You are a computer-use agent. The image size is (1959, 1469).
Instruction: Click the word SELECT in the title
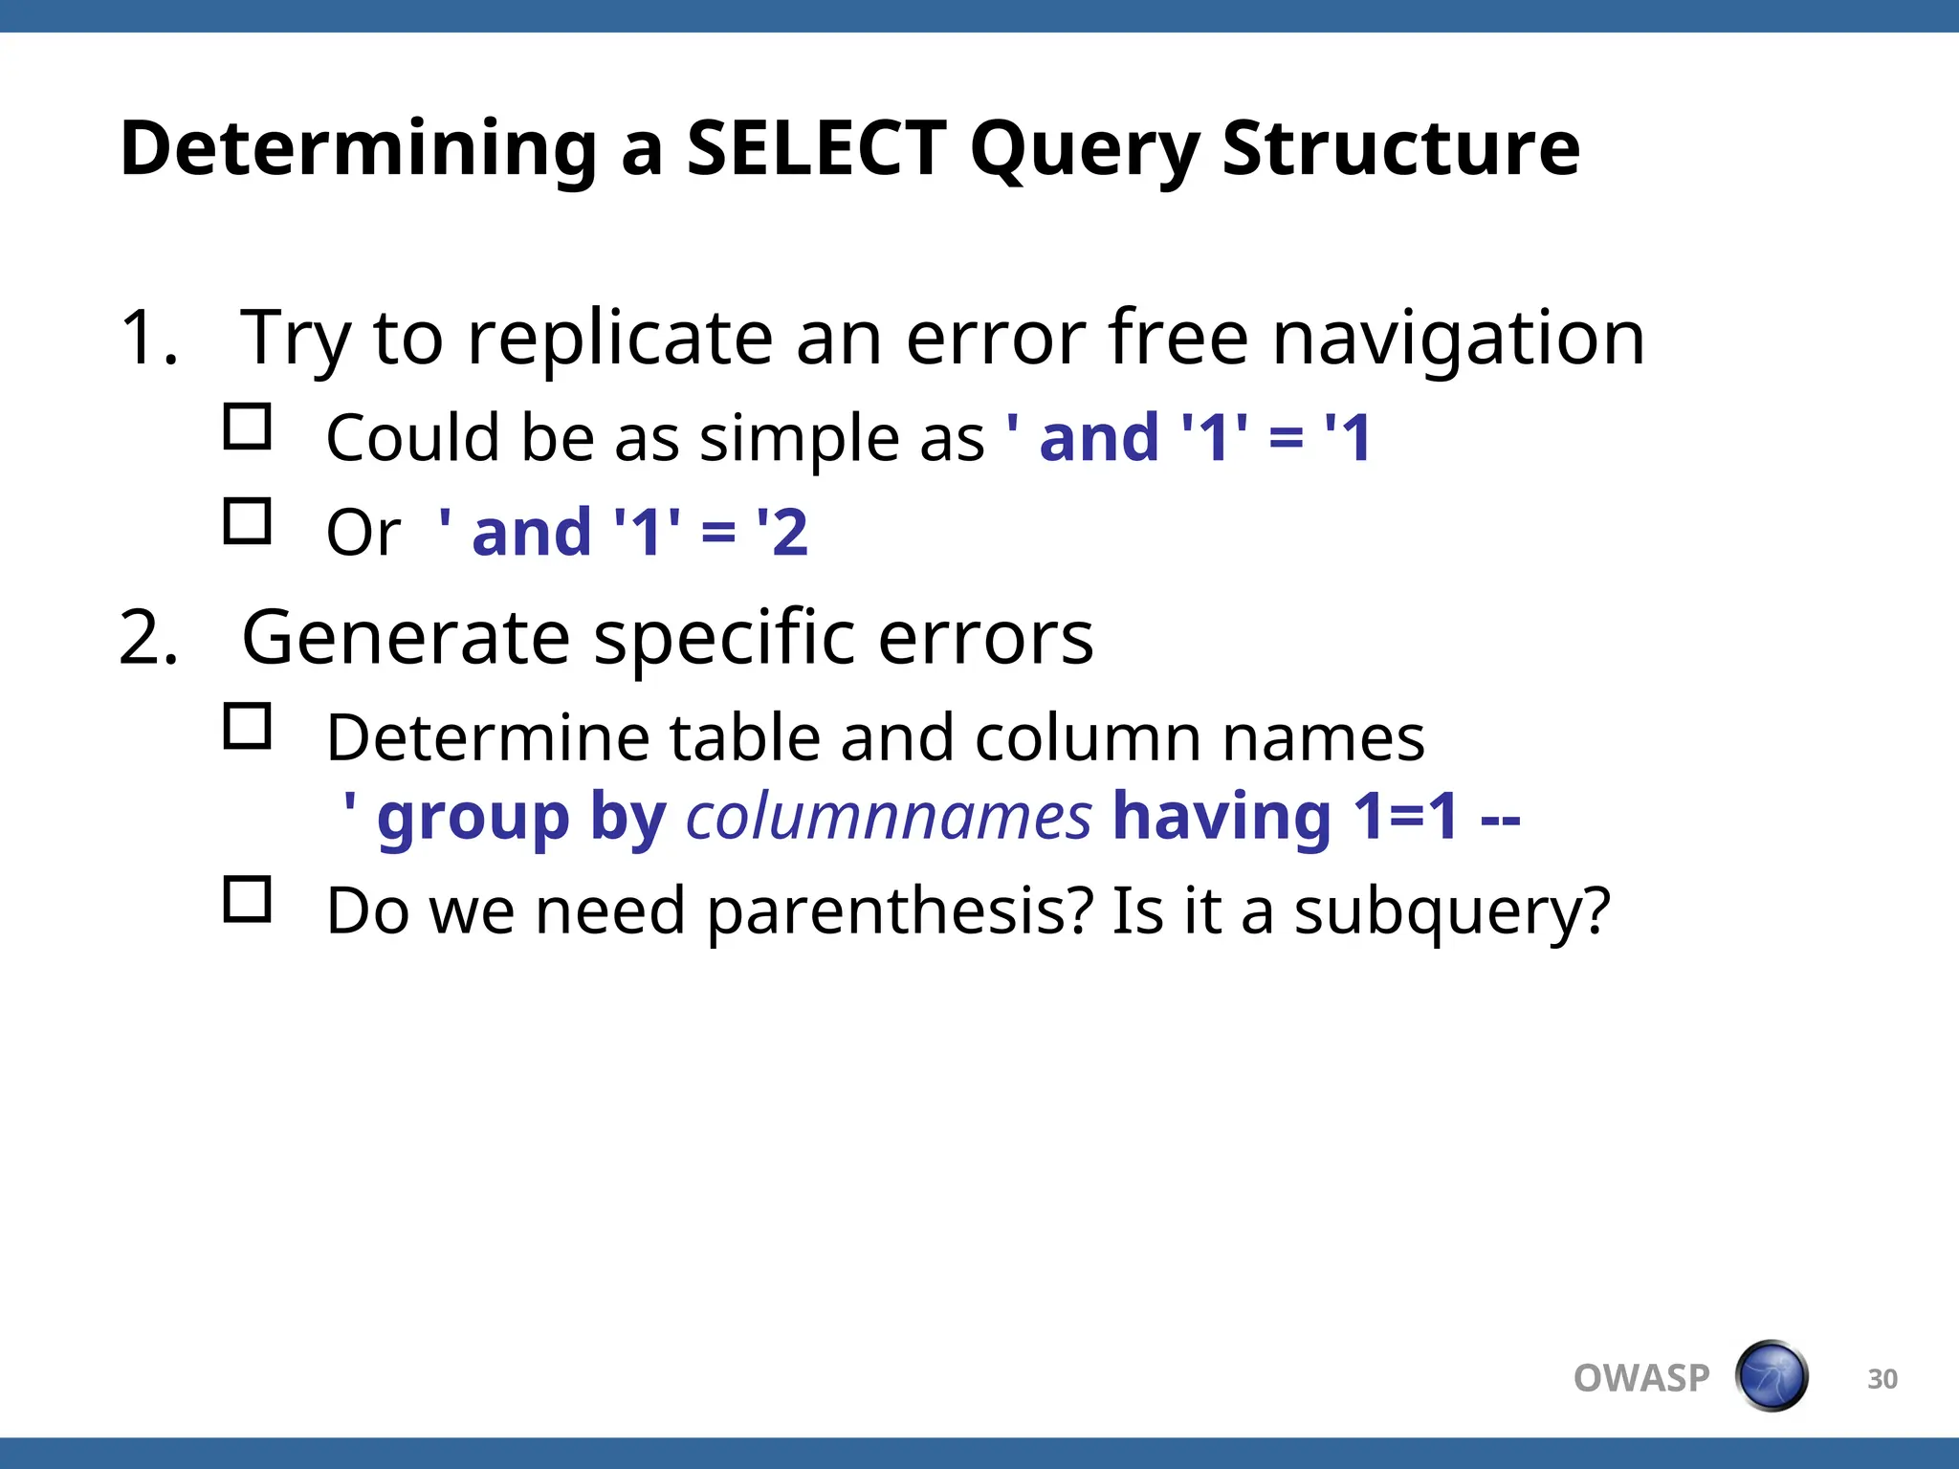[816, 149]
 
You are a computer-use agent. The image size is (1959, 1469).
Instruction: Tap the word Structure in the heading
[1400, 149]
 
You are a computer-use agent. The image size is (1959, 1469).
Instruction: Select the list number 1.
[148, 339]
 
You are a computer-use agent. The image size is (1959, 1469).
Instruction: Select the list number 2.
[148, 639]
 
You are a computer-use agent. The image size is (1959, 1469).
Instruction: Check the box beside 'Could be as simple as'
[248, 427]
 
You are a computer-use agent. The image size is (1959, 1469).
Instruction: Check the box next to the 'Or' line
[248, 521]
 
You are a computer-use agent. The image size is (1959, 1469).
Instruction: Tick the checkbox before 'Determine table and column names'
[248, 727]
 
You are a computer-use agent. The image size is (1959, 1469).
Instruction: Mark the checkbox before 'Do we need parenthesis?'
[248, 899]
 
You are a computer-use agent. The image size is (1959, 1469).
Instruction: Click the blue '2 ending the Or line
[782, 533]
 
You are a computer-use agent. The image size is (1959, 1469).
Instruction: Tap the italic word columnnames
[889, 817]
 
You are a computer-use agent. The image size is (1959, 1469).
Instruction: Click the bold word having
[1222, 817]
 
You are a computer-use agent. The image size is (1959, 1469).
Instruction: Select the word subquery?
[1452, 912]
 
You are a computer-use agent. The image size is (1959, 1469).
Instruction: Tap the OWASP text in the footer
[1641, 1378]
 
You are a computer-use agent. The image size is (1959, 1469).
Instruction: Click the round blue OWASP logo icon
[1772, 1376]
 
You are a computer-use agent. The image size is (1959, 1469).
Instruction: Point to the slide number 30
[1882, 1379]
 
